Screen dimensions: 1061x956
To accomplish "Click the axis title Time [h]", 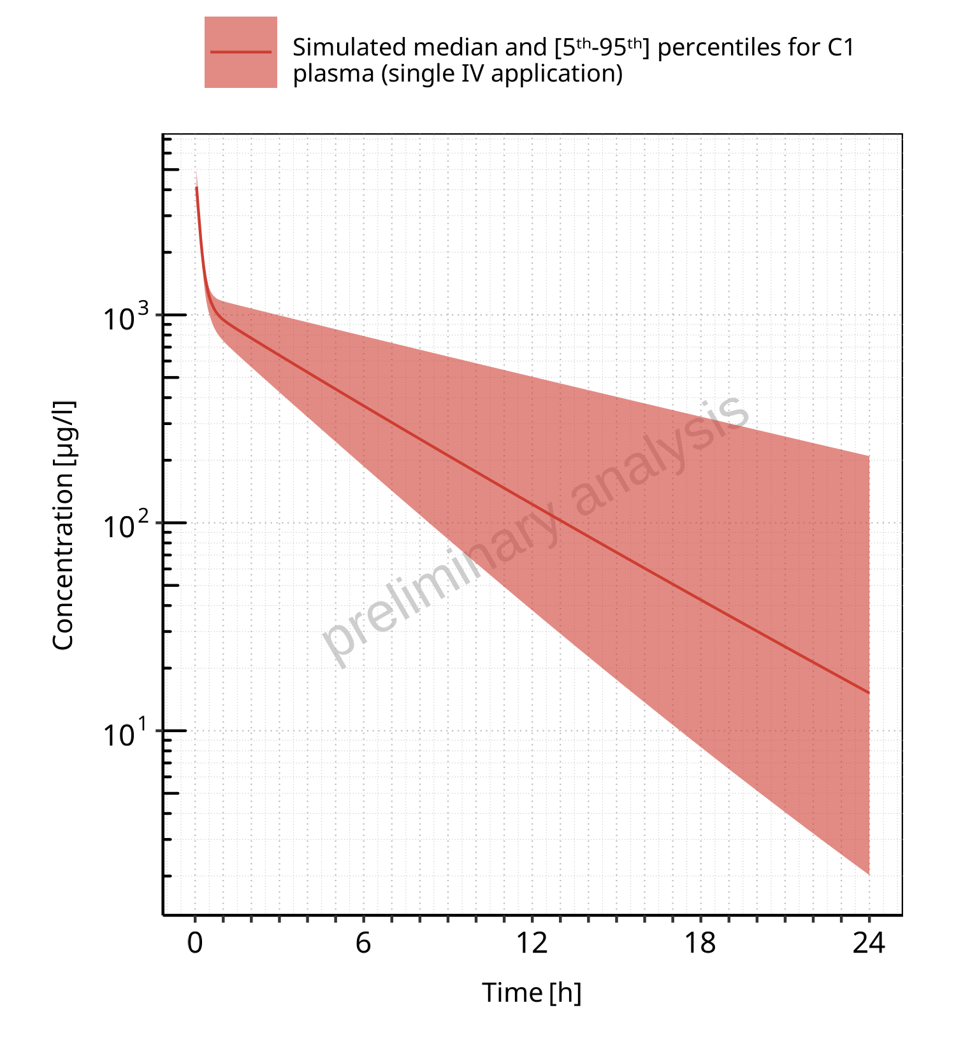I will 532,993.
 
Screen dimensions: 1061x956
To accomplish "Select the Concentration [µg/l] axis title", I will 63,525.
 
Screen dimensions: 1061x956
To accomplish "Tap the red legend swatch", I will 240,52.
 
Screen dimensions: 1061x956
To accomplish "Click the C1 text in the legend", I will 840,48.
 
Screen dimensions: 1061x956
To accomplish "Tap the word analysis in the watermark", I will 663,456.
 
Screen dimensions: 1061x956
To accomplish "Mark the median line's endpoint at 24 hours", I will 869,693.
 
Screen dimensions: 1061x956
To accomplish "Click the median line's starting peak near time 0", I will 196,187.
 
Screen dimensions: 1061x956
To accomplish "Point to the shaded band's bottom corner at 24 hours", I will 869,874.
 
